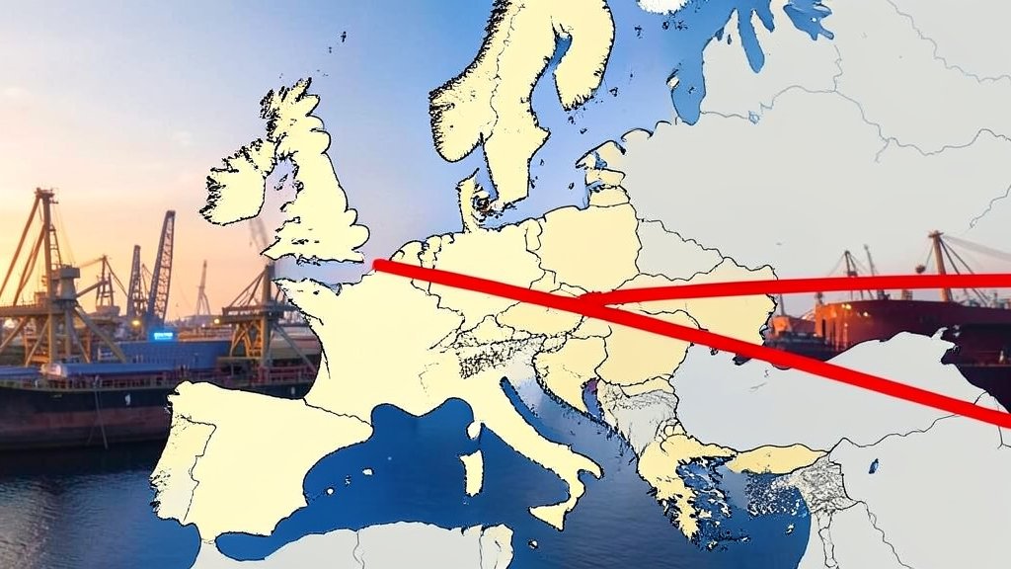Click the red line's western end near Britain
pyautogui.click(x=380, y=264)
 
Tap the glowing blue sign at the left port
pyautogui.click(x=163, y=336)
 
